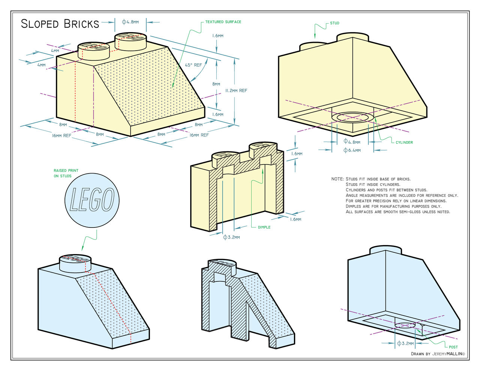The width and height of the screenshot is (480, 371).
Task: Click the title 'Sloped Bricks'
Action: point(60,24)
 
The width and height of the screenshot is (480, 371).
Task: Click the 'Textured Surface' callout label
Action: point(223,22)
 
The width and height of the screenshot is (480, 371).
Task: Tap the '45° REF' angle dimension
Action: point(193,65)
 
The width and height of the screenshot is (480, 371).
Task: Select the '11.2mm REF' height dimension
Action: point(236,90)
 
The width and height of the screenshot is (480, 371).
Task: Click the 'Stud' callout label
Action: point(334,23)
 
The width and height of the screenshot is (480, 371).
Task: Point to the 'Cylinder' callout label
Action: point(404,142)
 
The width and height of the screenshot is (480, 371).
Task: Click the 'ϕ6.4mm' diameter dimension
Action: point(352,150)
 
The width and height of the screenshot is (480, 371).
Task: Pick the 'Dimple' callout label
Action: point(264,227)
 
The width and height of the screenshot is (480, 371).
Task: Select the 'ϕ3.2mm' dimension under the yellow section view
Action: point(231,237)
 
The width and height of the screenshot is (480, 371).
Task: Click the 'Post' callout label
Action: point(453,347)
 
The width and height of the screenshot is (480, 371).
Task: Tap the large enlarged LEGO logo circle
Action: point(92,199)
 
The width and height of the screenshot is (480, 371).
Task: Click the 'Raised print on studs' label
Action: point(66,173)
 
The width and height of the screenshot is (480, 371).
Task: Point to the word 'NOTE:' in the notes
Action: point(337,179)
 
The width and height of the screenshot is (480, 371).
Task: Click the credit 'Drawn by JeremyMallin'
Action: point(438,354)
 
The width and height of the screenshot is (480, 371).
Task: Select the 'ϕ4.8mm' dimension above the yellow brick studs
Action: point(130,22)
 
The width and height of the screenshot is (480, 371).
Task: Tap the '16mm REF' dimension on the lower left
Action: point(61,135)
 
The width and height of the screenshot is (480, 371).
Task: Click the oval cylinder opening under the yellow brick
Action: point(352,117)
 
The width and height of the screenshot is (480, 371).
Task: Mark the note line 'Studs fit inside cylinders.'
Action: point(373,184)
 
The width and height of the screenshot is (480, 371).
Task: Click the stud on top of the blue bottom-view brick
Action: point(385,250)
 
